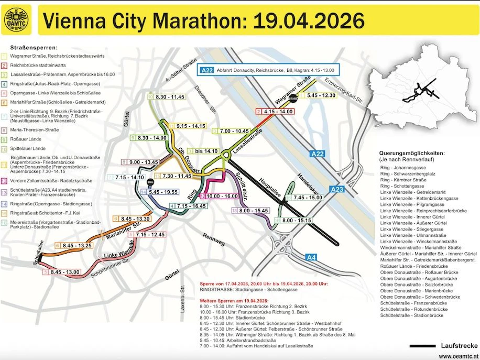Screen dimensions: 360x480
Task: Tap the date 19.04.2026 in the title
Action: tap(309, 20)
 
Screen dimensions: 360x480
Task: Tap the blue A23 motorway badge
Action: tap(337, 189)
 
